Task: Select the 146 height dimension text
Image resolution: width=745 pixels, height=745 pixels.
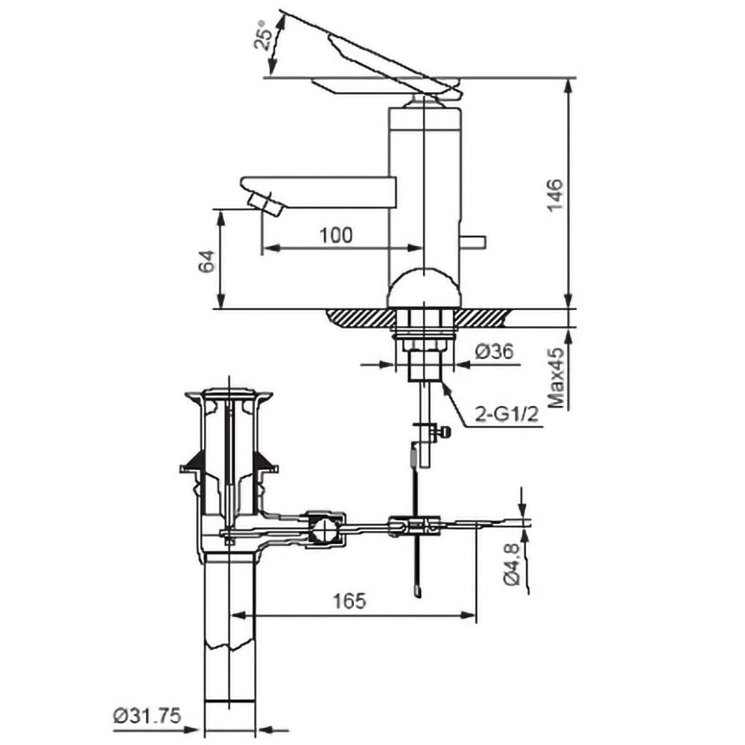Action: click(x=555, y=194)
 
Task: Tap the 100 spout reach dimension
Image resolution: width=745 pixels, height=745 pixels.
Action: click(x=336, y=235)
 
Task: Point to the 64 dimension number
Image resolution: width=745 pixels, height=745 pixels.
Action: click(x=206, y=261)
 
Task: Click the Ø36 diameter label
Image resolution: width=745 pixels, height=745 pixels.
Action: click(x=495, y=352)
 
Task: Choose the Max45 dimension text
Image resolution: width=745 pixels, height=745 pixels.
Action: click(x=557, y=378)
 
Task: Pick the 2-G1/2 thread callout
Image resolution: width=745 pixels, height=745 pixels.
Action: click(x=507, y=414)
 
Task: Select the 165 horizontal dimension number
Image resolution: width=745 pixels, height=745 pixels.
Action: click(x=349, y=601)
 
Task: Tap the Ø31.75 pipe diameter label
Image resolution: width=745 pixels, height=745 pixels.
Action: click(x=148, y=715)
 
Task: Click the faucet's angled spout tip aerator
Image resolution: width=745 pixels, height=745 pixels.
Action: click(x=265, y=204)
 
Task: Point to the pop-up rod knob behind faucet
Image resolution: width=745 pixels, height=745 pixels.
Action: click(x=472, y=242)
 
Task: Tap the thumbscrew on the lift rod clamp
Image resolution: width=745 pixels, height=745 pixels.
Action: click(x=441, y=432)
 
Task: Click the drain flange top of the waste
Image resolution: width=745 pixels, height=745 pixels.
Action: click(x=229, y=395)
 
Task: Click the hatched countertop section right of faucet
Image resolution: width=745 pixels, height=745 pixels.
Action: click(x=481, y=317)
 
